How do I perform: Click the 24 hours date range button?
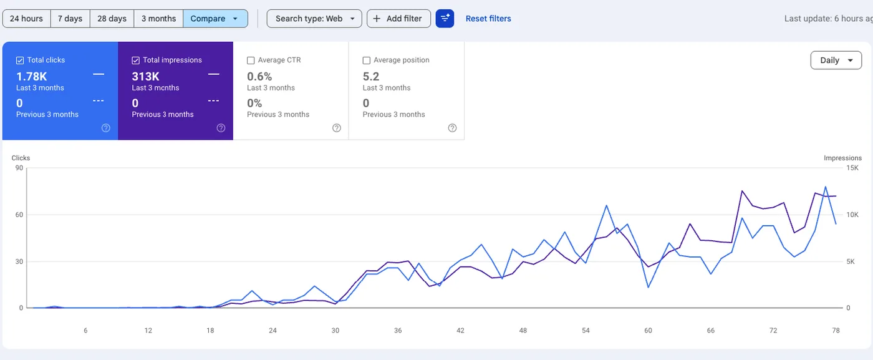tap(26, 19)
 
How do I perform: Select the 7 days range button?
tap(70, 19)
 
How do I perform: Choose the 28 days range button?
tap(112, 19)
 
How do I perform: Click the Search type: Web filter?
tap(314, 19)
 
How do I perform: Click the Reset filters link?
tap(488, 19)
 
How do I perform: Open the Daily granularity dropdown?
tap(836, 61)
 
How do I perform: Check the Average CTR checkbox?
tap(251, 61)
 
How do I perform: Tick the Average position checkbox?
tap(367, 61)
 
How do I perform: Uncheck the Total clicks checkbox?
tap(20, 61)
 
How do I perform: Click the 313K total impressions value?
tap(145, 76)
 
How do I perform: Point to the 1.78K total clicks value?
tap(31, 76)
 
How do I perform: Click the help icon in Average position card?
tap(452, 128)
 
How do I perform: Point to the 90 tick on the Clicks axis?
tap(19, 168)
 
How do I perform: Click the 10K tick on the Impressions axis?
tap(852, 215)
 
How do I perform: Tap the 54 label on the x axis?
tap(585, 331)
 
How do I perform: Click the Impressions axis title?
tap(842, 158)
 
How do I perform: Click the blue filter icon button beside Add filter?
tap(445, 19)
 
